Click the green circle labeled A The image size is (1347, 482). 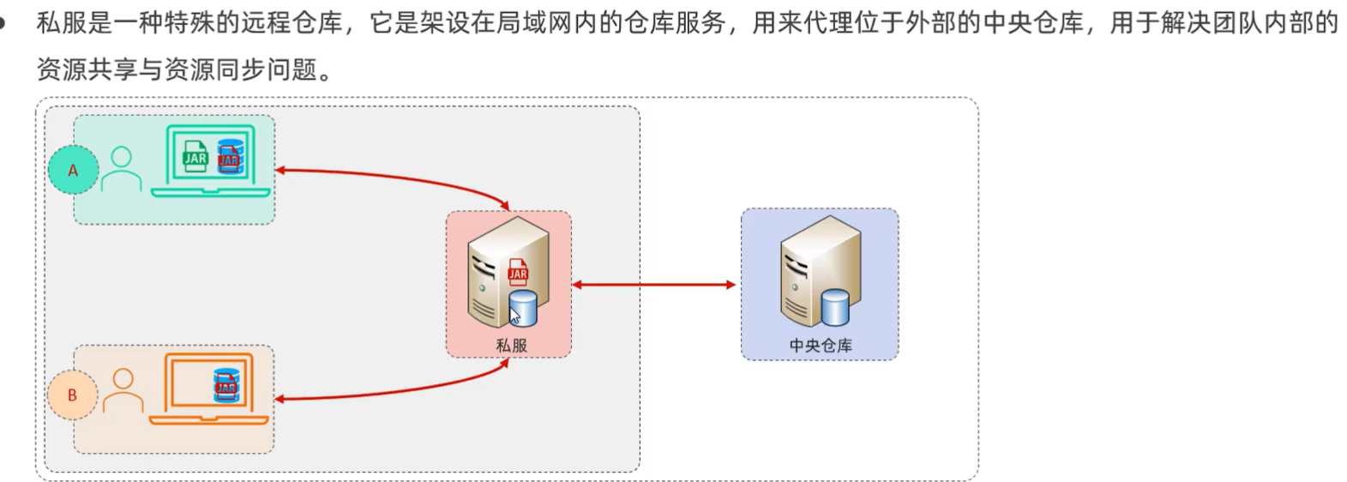click(x=73, y=170)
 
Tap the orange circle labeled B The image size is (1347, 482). click(x=72, y=395)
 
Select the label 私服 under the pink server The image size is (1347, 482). click(x=511, y=346)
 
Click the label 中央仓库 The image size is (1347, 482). click(x=821, y=346)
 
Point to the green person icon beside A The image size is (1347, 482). click(x=121, y=169)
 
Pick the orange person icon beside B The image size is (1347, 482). click(x=123, y=391)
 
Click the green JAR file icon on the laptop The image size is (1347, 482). click(x=195, y=157)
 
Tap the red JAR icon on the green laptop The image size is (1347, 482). click(x=229, y=158)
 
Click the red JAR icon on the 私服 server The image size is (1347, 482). click(x=518, y=273)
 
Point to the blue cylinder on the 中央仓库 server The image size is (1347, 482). click(x=835, y=307)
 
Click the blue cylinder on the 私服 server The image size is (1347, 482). click(x=523, y=308)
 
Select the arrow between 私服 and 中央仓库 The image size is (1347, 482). click(x=653, y=285)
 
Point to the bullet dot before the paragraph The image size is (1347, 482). click(x=3, y=23)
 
